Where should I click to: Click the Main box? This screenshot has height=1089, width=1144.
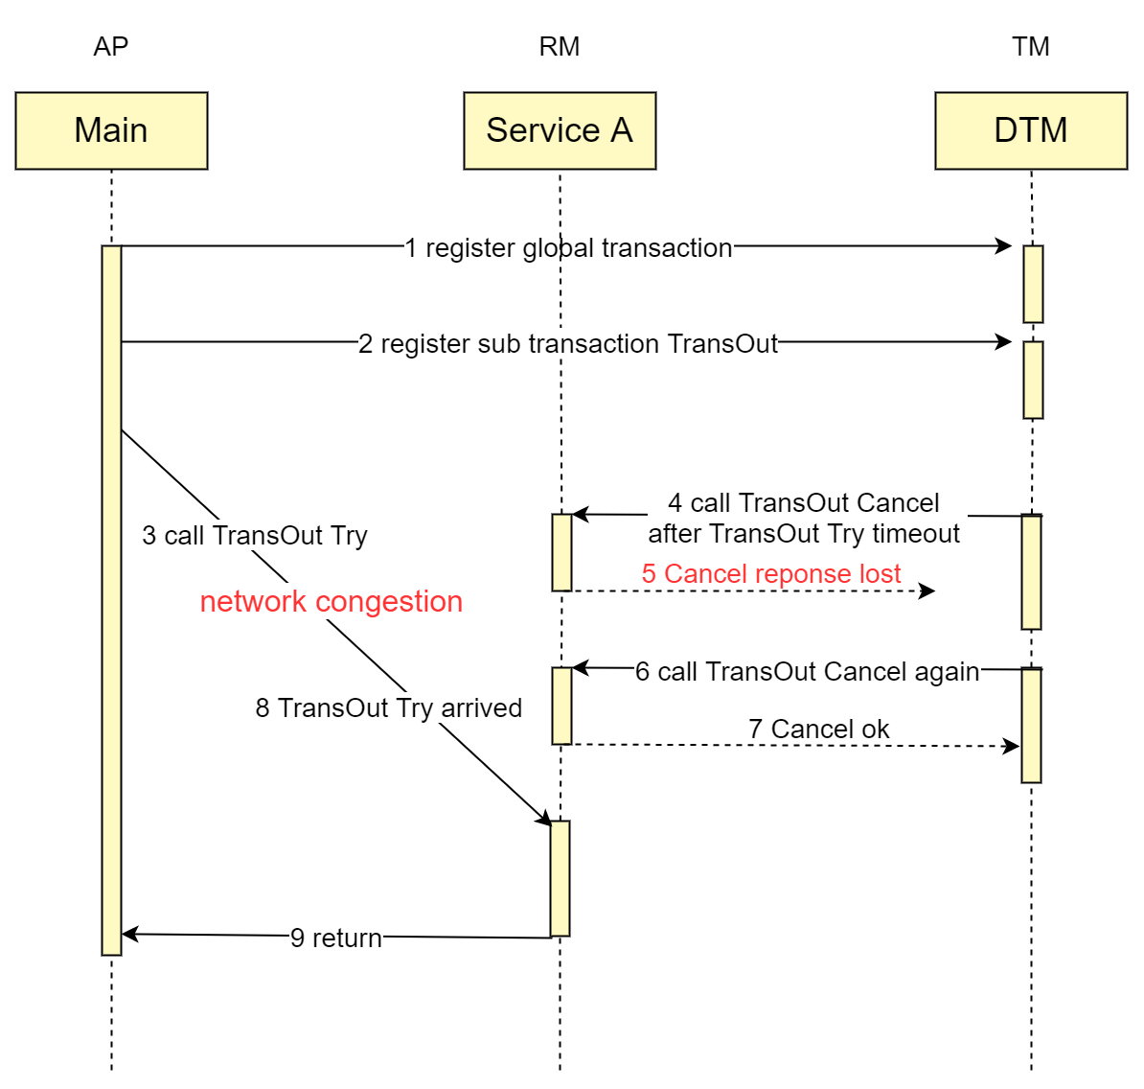pyautogui.click(x=112, y=130)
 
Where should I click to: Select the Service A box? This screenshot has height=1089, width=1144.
pyautogui.click(x=560, y=130)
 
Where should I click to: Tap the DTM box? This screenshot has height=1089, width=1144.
pyautogui.click(x=1031, y=130)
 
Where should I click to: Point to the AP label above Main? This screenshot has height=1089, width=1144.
pyautogui.click(x=111, y=47)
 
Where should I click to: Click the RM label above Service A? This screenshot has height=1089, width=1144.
pyautogui.click(x=560, y=47)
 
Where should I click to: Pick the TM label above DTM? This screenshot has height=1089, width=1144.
pyautogui.click(x=1031, y=47)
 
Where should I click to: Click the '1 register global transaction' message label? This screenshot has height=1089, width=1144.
pyautogui.click(x=568, y=248)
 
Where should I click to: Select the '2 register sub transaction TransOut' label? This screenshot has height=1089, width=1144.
pyautogui.click(x=568, y=344)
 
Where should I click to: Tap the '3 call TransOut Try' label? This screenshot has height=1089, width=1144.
pyautogui.click(x=255, y=536)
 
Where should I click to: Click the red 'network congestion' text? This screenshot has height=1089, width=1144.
pyautogui.click(x=332, y=601)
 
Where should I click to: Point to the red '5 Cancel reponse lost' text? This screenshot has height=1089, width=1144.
pyautogui.click(x=771, y=573)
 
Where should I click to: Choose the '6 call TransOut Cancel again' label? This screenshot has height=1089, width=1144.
pyautogui.click(x=807, y=671)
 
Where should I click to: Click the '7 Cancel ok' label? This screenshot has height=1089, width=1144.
pyautogui.click(x=818, y=729)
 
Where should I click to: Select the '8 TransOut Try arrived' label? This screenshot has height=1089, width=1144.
pyautogui.click(x=389, y=708)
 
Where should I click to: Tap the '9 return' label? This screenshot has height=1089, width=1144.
pyautogui.click(x=336, y=938)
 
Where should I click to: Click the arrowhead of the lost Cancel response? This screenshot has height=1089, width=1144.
pyautogui.click(x=927, y=591)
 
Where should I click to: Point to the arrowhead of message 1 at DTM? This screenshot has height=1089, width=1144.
pyautogui.click(x=1004, y=246)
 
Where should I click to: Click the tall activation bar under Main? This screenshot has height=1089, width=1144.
pyautogui.click(x=112, y=600)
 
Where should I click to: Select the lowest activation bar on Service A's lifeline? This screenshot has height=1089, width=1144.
pyautogui.click(x=560, y=878)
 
